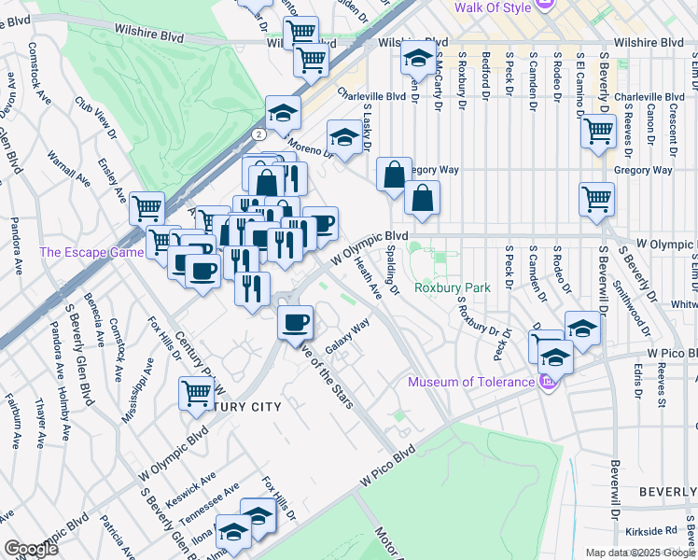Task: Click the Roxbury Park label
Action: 452,288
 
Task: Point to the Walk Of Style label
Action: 492,8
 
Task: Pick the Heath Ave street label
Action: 369,280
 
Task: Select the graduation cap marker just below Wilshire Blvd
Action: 415,60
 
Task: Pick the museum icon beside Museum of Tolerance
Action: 550,381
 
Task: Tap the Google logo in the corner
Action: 30,549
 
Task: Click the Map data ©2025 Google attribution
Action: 639,553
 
